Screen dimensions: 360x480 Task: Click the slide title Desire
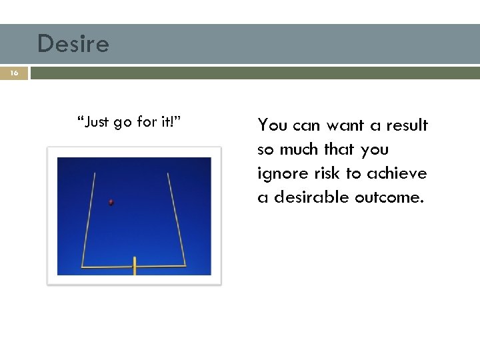73,44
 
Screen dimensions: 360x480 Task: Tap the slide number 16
15,73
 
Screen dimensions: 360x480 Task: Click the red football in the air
111,202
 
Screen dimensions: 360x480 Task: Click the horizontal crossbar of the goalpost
133,267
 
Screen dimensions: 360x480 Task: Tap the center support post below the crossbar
134,268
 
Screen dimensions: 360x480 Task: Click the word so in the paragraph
266,150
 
